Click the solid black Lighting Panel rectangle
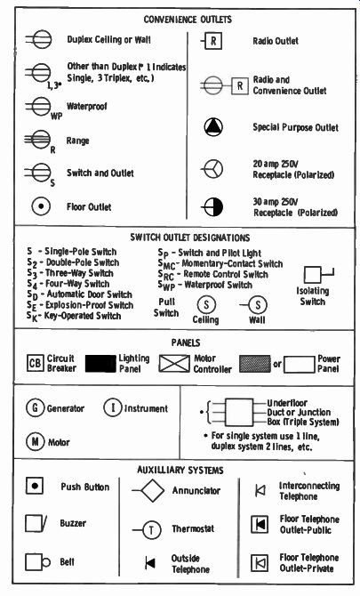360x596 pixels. (100, 363)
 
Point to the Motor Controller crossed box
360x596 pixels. (174, 363)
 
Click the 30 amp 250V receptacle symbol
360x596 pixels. (212, 207)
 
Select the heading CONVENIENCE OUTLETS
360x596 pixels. (188, 20)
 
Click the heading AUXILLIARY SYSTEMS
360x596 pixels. (180, 471)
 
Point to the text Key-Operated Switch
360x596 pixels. (83, 316)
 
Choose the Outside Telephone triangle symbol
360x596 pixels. (150, 563)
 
